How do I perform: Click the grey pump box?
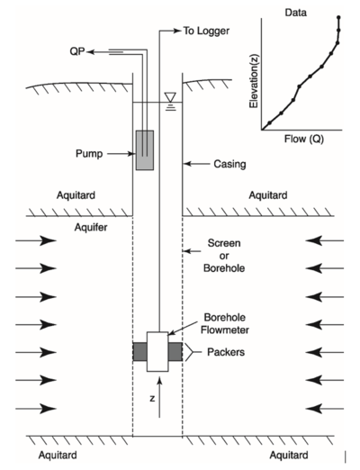point(145,150)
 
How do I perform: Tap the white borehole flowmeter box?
point(157,351)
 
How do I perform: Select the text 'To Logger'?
point(206,31)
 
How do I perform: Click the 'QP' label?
point(77,51)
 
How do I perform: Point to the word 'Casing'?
point(229,164)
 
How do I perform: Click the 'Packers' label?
point(226,352)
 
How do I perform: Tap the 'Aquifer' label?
point(91,228)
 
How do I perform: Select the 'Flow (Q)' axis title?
point(304,139)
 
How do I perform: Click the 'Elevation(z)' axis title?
point(254,80)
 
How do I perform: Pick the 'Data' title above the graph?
point(296,13)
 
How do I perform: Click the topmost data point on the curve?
point(338,17)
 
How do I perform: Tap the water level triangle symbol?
point(170,97)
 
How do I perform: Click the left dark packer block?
point(139,351)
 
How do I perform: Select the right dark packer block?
point(175,351)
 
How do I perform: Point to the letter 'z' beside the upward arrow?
point(152,398)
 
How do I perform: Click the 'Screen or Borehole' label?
point(224,256)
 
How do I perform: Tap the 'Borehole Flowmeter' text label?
point(225,323)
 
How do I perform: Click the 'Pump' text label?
point(89,154)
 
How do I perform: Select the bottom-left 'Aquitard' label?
point(58,455)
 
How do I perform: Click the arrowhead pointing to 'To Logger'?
point(178,31)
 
